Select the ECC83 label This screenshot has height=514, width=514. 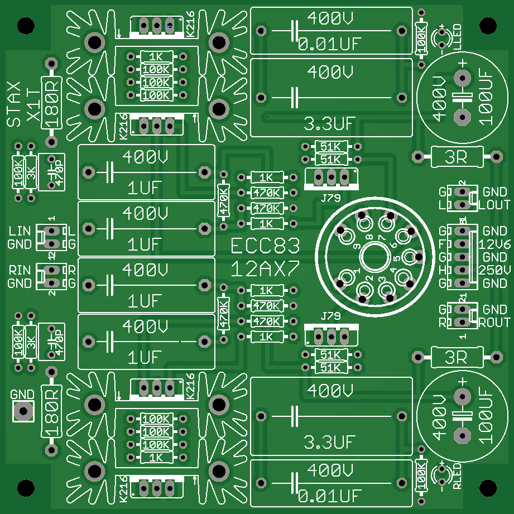point(266,246)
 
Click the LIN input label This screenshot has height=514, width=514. point(20,230)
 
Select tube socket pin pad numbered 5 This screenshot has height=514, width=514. point(409,257)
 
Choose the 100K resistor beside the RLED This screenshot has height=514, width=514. point(421,478)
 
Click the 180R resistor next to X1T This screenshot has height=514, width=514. point(52,102)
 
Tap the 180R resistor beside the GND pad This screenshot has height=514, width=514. point(52,411)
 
